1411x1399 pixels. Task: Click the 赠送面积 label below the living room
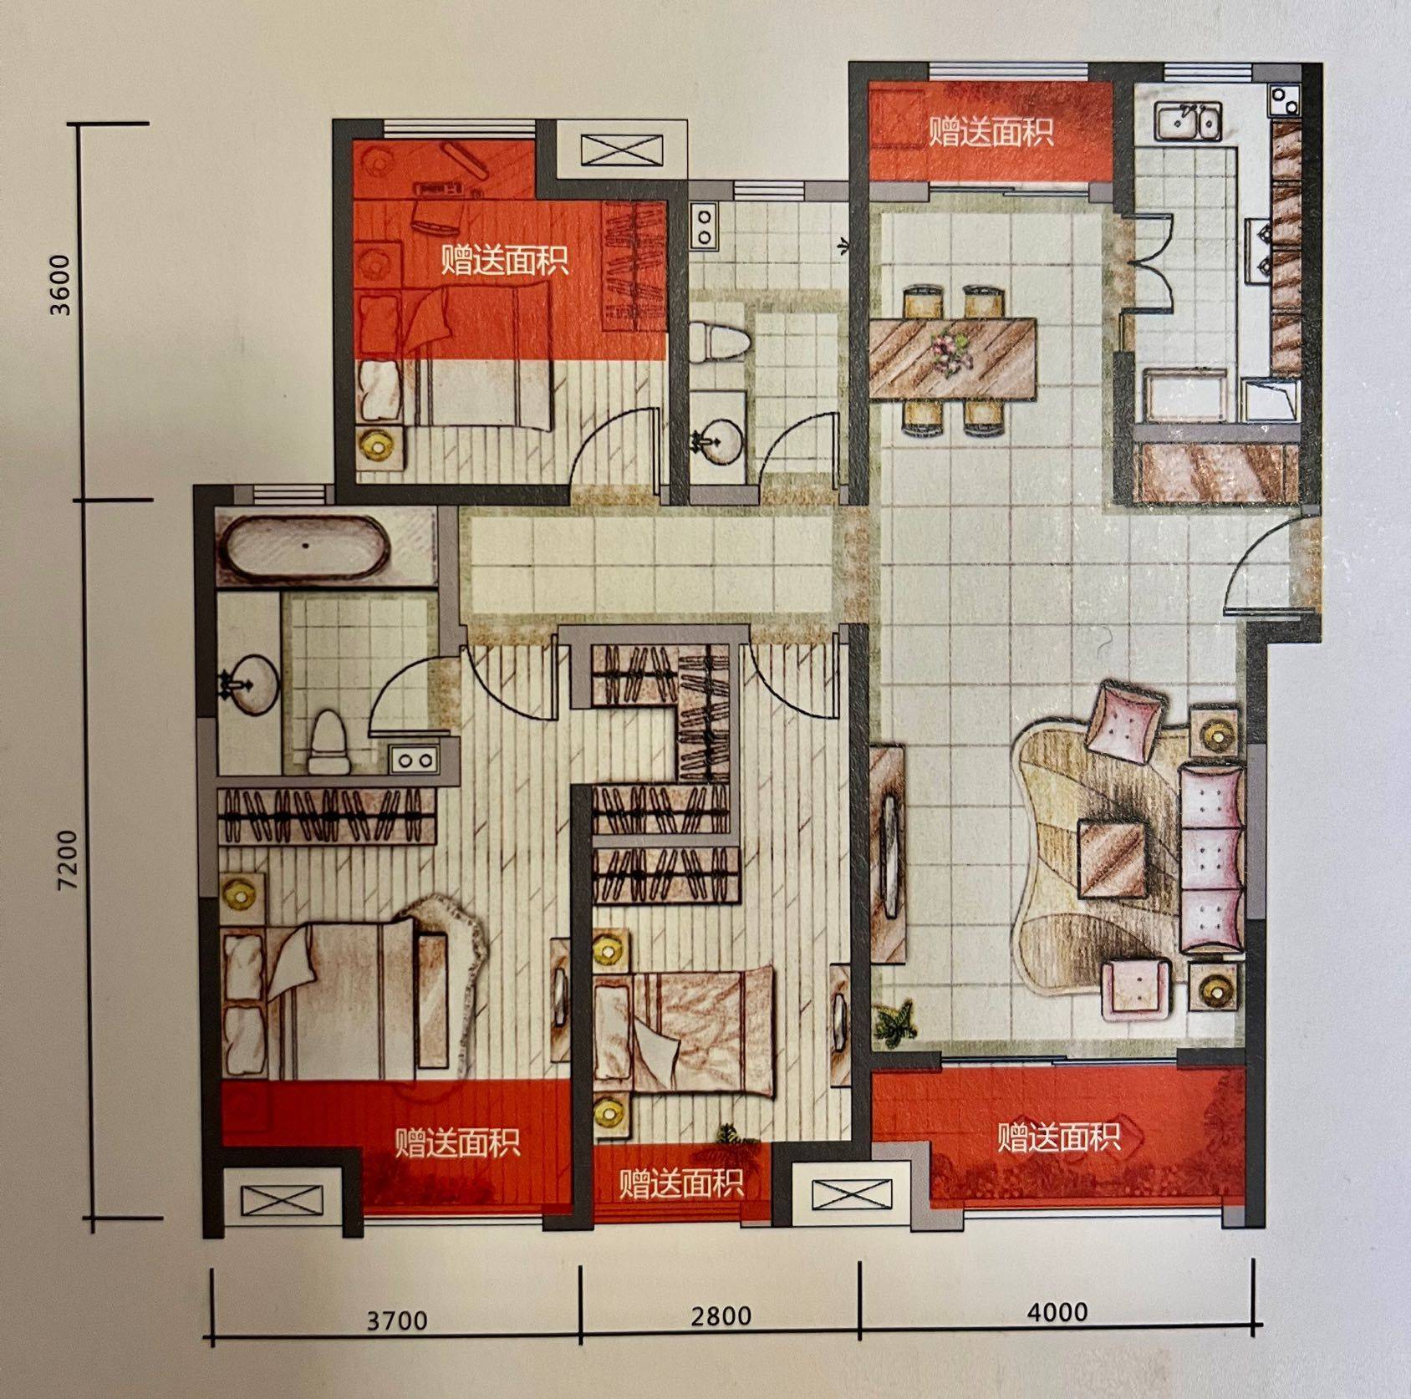tap(1058, 1137)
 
